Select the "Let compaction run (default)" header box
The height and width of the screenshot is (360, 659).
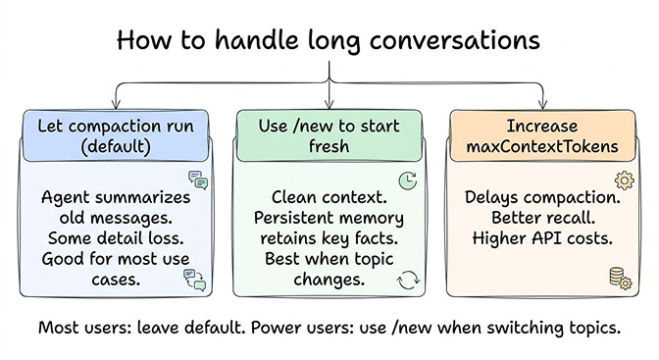117,135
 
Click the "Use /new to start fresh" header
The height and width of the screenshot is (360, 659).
329,135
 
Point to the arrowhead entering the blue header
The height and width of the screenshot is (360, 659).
117,103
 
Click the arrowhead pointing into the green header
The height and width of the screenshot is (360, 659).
329,103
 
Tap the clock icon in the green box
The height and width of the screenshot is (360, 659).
407,180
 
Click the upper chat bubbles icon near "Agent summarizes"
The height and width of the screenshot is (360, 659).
198,180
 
